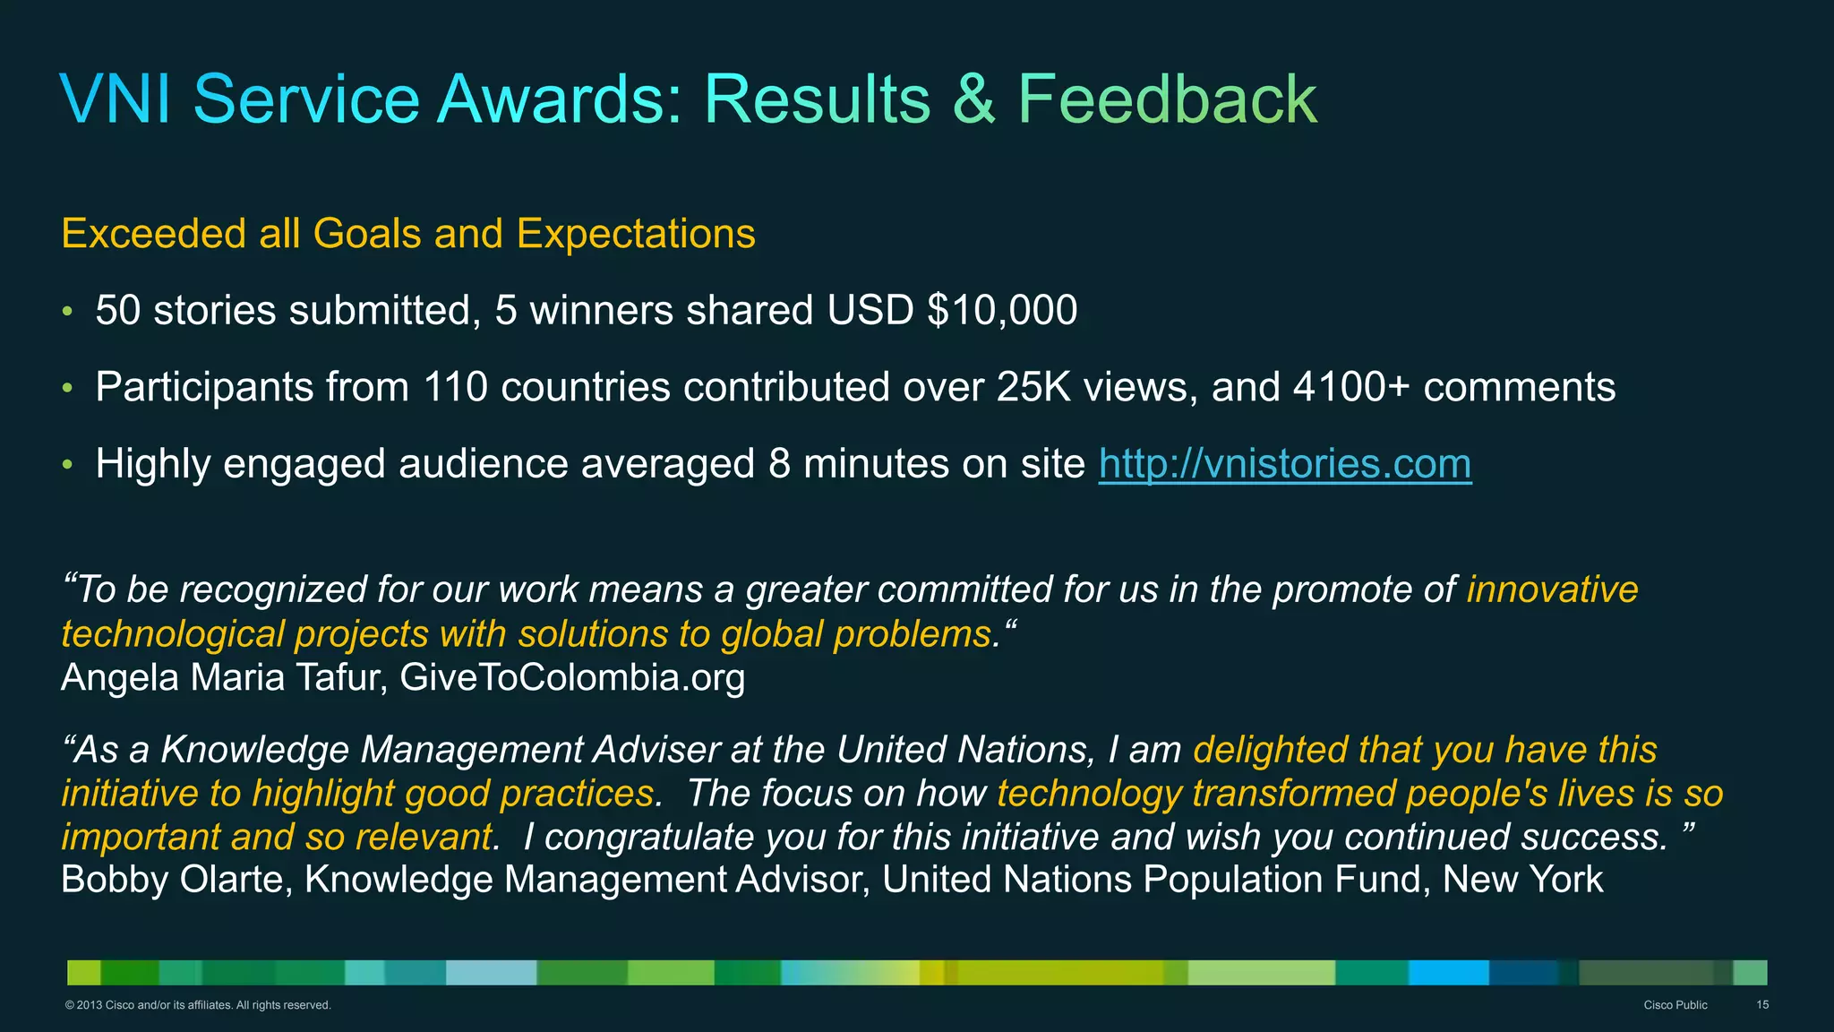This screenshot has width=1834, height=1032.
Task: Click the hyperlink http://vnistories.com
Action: [x=1284, y=464]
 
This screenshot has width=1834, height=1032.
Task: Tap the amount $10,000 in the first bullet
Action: [x=1002, y=311]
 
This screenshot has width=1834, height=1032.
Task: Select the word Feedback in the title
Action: [x=1167, y=99]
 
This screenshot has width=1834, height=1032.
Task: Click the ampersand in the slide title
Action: [x=973, y=99]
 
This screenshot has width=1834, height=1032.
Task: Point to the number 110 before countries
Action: [x=455, y=387]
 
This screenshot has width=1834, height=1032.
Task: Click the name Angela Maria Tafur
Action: [x=223, y=677]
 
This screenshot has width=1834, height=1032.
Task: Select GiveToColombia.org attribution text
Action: [x=572, y=677]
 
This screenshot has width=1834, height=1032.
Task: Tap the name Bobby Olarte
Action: [x=176, y=880]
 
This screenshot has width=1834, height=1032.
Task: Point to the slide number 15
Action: [x=1761, y=1005]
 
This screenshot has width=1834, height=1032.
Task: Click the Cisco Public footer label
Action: [x=1675, y=1005]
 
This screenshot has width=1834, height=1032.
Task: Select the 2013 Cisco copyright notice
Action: [x=198, y=1005]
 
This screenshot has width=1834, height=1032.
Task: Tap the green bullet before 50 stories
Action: [x=67, y=313]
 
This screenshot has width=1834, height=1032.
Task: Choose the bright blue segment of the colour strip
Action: [x=1448, y=972]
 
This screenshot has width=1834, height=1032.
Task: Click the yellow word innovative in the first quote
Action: [x=1552, y=590]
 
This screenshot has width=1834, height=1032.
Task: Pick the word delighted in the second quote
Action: [x=1270, y=750]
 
